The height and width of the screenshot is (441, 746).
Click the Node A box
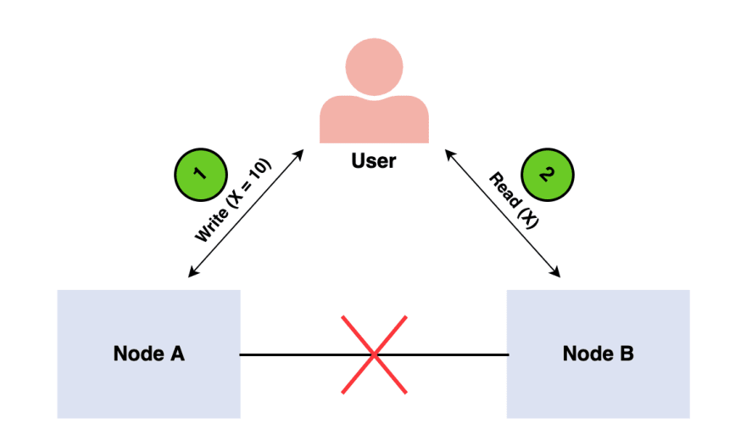coord(149,354)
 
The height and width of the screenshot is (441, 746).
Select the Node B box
coord(598,354)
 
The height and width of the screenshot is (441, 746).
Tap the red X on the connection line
coord(375,354)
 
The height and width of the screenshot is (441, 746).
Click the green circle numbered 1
coord(201,175)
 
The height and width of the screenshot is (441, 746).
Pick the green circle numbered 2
coord(548,175)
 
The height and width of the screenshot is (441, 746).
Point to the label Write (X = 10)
coord(233,200)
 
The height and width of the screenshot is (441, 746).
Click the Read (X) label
coord(514,200)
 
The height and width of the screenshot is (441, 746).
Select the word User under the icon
coord(374,161)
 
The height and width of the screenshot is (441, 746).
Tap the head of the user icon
coord(375,67)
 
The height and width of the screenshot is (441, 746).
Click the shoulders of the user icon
coord(375,121)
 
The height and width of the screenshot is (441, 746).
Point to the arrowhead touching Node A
coord(192,273)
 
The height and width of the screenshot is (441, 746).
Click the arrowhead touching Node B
coord(556,273)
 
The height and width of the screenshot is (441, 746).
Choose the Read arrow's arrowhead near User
coord(449,154)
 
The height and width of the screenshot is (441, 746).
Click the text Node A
coord(149,354)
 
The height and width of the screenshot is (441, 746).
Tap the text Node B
coord(598,354)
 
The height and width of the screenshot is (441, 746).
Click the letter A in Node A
coord(177,354)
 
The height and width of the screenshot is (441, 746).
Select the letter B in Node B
coord(626,354)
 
